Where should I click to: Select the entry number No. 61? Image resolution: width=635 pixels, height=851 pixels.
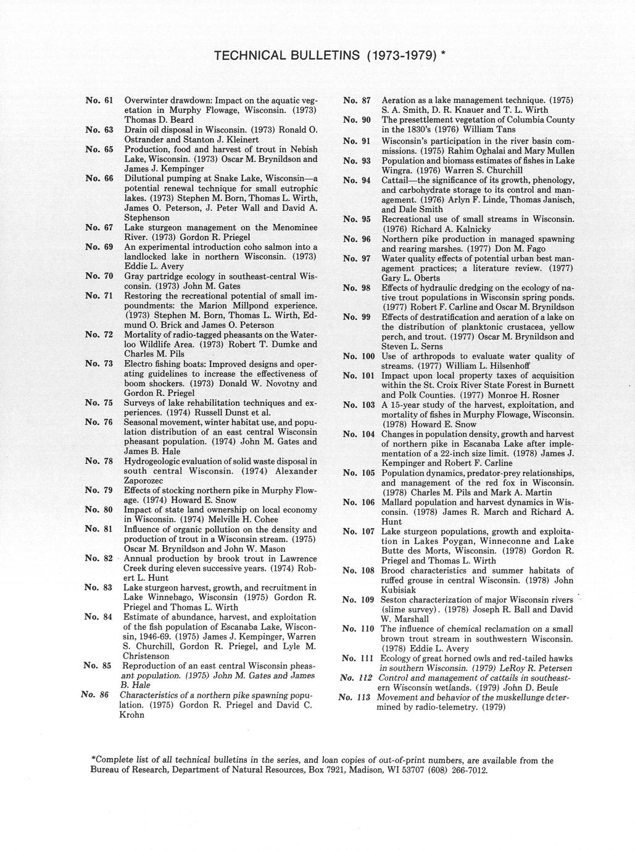[x=99, y=100]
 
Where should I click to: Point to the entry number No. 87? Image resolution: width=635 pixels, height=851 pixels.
[x=356, y=100]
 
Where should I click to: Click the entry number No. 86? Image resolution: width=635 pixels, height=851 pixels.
[x=95, y=695]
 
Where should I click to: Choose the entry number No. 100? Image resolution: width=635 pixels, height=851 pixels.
[x=359, y=356]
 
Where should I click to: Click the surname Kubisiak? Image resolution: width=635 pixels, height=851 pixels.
[x=399, y=590]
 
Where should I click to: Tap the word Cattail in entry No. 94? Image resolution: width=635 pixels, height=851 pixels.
[x=398, y=180]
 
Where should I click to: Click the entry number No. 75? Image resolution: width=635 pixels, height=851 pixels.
[x=99, y=403]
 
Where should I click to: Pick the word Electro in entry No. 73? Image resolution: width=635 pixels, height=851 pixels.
[x=139, y=364]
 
